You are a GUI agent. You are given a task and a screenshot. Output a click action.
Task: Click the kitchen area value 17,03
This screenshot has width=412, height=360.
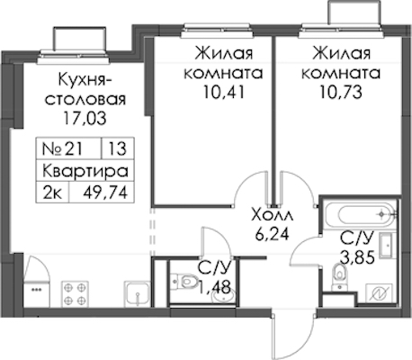[x=85, y=118]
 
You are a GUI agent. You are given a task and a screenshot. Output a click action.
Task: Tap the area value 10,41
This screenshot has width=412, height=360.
[x=224, y=92]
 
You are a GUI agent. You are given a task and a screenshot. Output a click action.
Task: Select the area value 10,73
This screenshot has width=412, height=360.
[x=341, y=92]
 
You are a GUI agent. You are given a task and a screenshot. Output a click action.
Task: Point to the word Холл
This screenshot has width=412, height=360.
[x=273, y=215]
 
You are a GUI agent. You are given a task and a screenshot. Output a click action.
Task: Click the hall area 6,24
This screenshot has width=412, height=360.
[x=273, y=234]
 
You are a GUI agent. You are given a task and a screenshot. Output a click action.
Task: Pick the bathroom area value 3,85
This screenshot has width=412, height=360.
[x=357, y=256]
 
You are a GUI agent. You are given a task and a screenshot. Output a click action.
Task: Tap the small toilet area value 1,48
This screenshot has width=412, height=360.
[x=215, y=288]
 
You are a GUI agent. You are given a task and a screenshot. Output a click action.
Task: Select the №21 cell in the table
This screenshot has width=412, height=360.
[x=68, y=148]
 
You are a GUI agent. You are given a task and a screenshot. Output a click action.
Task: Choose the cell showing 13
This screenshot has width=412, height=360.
[x=118, y=148]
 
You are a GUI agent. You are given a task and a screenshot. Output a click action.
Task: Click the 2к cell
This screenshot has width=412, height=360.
[x=52, y=192]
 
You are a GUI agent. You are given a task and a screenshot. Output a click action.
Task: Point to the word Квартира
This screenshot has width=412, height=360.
[x=85, y=171]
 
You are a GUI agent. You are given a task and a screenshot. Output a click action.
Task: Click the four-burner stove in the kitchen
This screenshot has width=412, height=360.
[x=75, y=294]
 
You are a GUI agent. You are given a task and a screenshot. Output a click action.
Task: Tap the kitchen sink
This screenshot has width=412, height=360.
[x=137, y=294]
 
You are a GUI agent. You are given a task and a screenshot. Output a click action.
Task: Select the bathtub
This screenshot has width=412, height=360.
[x=362, y=214]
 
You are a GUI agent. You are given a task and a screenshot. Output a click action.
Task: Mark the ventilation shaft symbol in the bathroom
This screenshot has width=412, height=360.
[x=379, y=293]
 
